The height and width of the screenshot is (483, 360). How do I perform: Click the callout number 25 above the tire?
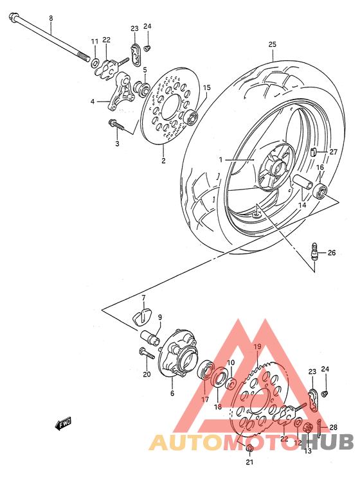click(272, 44)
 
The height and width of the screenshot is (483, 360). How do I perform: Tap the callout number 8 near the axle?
click(51, 19)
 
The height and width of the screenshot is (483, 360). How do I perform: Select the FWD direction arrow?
click(63, 424)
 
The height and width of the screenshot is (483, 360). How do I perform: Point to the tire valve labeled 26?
click(315, 252)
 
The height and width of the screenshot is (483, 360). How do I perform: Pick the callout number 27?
click(333, 152)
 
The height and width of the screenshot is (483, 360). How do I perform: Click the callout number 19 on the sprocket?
click(256, 347)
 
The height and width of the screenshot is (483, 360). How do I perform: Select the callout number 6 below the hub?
click(172, 394)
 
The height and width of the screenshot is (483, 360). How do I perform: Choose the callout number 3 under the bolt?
click(118, 144)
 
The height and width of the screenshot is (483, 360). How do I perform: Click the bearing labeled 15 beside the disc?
click(192, 118)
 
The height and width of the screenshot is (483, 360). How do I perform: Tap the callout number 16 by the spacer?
click(319, 167)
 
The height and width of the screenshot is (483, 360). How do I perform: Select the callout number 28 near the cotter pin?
click(334, 426)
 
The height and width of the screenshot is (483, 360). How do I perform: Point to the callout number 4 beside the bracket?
click(93, 101)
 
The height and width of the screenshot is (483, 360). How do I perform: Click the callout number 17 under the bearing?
click(205, 400)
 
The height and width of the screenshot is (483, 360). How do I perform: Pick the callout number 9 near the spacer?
click(159, 317)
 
